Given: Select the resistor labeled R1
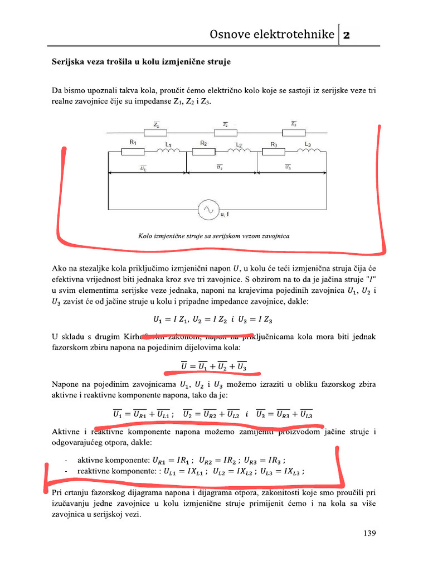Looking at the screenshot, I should [133, 152].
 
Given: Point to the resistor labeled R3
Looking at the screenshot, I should [274, 152].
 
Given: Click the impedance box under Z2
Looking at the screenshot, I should [225, 132].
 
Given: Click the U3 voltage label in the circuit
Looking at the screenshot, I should [288, 167].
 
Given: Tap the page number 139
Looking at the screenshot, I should [369, 534].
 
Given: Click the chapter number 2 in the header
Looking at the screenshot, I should [346, 35].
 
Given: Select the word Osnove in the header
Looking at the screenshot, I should [228, 35].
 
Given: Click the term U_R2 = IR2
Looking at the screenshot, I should [220, 460].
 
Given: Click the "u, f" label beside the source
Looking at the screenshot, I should [225, 214].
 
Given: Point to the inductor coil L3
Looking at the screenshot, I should [308, 152].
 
